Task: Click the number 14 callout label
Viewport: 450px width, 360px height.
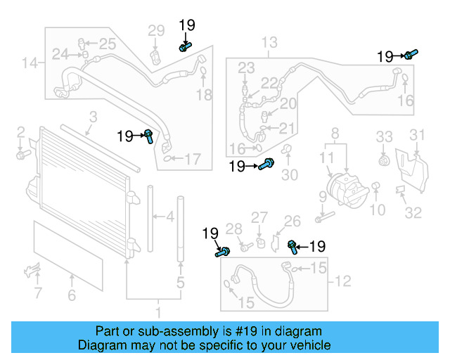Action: coord(29,64)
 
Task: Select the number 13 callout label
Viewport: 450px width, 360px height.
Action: coord(269,44)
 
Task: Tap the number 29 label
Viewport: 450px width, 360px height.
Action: coord(155,30)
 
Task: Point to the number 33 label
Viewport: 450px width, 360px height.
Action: coord(383,136)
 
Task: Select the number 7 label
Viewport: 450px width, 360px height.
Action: coord(37,292)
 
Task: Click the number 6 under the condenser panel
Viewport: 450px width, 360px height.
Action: coord(71,296)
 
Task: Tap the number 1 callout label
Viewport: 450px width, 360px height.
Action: coord(158,311)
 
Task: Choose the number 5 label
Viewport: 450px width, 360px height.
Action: coord(181,283)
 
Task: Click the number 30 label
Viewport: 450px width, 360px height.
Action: coord(290,174)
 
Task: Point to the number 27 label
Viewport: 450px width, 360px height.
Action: coord(259,217)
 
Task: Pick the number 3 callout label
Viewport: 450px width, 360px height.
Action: coord(92,117)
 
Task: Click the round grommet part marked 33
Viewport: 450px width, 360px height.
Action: coord(383,161)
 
